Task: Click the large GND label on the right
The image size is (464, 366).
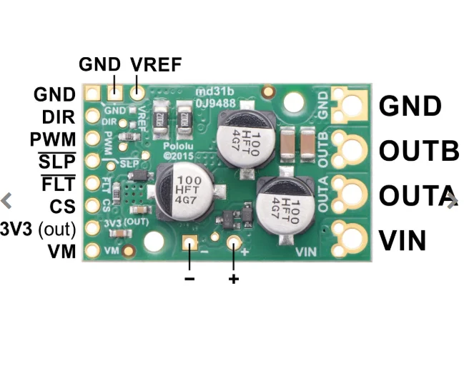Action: (410, 107)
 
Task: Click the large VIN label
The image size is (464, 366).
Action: (403, 240)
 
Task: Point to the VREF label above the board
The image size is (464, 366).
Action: (156, 65)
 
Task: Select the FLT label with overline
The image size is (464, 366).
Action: (58, 184)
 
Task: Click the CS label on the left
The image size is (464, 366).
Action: (63, 207)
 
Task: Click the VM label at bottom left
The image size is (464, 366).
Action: (61, 251)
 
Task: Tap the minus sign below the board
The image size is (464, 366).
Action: (189, 278)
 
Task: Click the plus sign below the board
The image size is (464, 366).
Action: (233, 278)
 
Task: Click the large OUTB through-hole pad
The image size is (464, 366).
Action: (352, 150)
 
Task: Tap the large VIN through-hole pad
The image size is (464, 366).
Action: (352, 237)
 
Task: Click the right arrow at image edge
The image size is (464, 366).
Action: (451, 202)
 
